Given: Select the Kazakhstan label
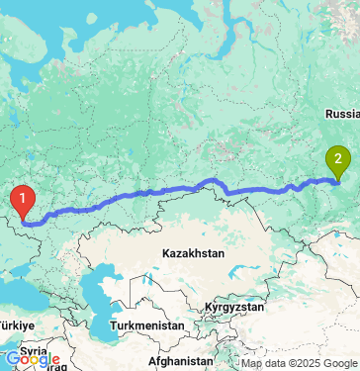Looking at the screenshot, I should click(x=194, y=253).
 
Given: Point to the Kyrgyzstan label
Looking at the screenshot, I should click(x=235, y=309).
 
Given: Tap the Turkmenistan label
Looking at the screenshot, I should click(x=148, y=325).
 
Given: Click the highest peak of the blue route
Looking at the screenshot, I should click(x=210, y=180).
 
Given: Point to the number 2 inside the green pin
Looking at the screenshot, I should click(x=339, y=156).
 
